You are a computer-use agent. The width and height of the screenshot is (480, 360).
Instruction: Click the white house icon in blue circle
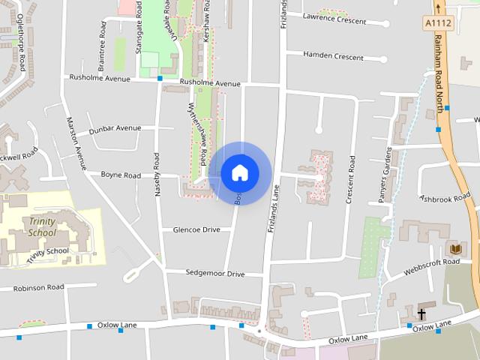239,173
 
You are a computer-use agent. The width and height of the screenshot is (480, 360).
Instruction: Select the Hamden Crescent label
333,56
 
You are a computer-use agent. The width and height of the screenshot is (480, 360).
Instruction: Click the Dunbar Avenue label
115,128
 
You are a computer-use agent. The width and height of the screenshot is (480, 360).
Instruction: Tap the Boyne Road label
121,175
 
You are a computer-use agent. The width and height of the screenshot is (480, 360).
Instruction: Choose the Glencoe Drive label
196,229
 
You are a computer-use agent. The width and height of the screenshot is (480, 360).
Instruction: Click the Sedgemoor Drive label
215,274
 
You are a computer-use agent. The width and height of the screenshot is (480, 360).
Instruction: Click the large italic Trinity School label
42,226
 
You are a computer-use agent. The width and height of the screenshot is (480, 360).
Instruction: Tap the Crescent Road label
349,179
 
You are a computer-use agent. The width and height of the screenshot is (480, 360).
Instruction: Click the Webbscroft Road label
431,262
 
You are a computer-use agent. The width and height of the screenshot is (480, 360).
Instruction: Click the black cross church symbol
421,313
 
